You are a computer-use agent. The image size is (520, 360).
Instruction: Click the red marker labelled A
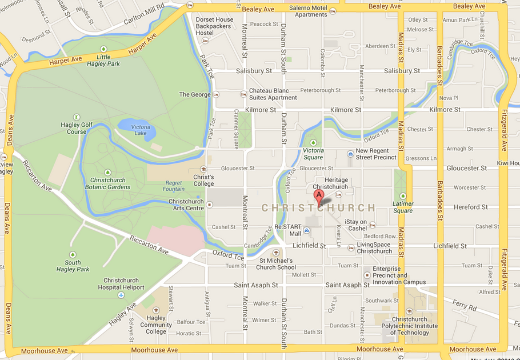319,198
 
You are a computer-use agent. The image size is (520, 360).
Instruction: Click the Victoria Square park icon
313,143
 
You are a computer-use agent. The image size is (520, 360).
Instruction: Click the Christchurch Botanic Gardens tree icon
107,173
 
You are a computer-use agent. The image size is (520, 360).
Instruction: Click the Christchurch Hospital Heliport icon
121,295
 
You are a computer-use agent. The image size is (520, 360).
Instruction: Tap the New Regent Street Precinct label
376,154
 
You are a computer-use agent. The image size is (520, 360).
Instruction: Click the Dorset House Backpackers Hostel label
214,26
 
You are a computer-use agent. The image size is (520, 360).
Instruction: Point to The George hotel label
195,95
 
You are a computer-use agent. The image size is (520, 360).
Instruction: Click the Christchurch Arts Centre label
186,205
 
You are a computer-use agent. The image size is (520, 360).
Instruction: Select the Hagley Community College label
155,325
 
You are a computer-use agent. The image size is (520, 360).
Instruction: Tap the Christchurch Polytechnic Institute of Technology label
410,326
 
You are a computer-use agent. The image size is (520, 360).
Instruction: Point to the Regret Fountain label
174,186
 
